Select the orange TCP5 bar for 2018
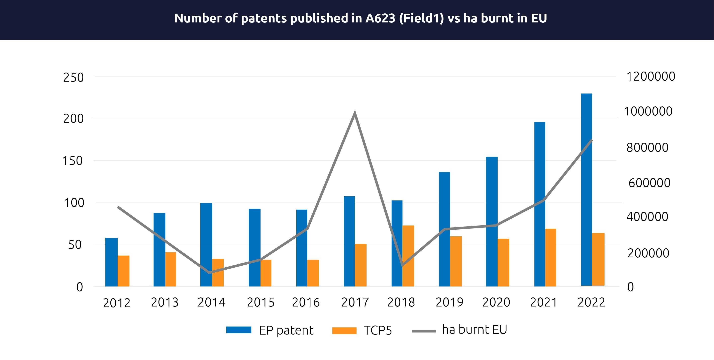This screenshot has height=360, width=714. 408,256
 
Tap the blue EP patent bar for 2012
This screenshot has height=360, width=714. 111,262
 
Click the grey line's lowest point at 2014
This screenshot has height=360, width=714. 210,272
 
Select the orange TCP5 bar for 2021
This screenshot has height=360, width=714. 550,257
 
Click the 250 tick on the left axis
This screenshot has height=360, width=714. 74,77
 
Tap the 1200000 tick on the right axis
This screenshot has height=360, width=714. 651,77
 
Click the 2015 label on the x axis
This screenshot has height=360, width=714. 261,302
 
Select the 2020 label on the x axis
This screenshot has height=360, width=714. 496,302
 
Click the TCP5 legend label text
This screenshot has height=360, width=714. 378,330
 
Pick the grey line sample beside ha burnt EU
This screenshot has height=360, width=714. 424,331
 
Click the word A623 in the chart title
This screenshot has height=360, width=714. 380,18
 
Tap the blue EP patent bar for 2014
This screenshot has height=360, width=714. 206,245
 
